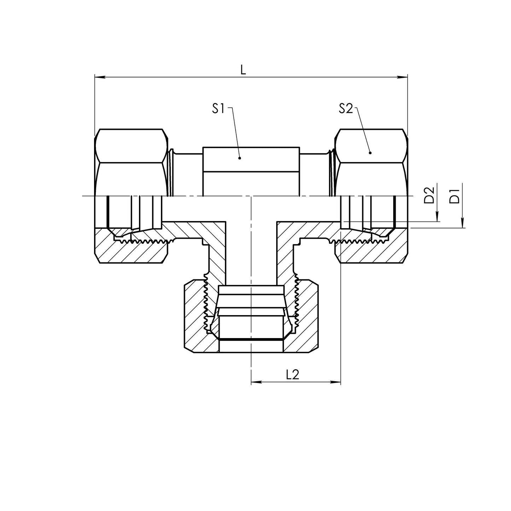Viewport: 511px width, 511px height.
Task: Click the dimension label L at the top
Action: (243, 70)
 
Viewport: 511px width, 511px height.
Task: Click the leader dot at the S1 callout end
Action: (240, 158)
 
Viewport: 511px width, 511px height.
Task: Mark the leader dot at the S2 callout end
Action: (370, 153)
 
